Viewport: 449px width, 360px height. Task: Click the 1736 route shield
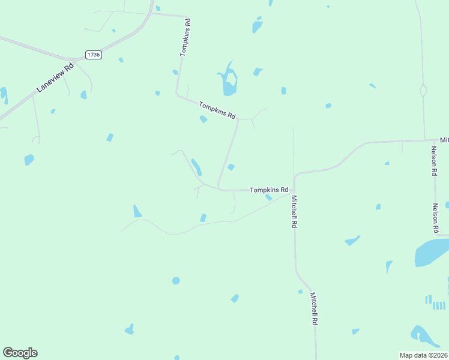tap(93, 55)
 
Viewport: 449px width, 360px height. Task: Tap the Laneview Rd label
tap(55, 77)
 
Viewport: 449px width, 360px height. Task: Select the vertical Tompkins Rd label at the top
tap(187, 37)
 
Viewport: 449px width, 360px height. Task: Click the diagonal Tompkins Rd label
tap(217, 109)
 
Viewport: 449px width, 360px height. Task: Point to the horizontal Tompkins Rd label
tap(269, 190)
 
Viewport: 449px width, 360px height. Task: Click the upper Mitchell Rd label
tap(294, 211)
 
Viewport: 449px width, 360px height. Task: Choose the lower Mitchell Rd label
tap(313, 308)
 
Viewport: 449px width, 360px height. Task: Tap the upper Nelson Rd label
tap(433, 161)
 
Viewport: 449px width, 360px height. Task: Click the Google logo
tap(20, 353)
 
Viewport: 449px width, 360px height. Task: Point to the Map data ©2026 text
tap(423, 355)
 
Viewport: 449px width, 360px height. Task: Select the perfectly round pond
tap(176, 281)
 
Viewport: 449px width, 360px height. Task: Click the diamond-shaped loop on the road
tap(423, 91)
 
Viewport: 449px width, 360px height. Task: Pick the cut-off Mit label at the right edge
tap(444, 140)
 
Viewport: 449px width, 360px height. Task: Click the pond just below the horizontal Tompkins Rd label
tap(269, 197)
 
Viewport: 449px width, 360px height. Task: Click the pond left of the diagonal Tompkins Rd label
tap(203, 119)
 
